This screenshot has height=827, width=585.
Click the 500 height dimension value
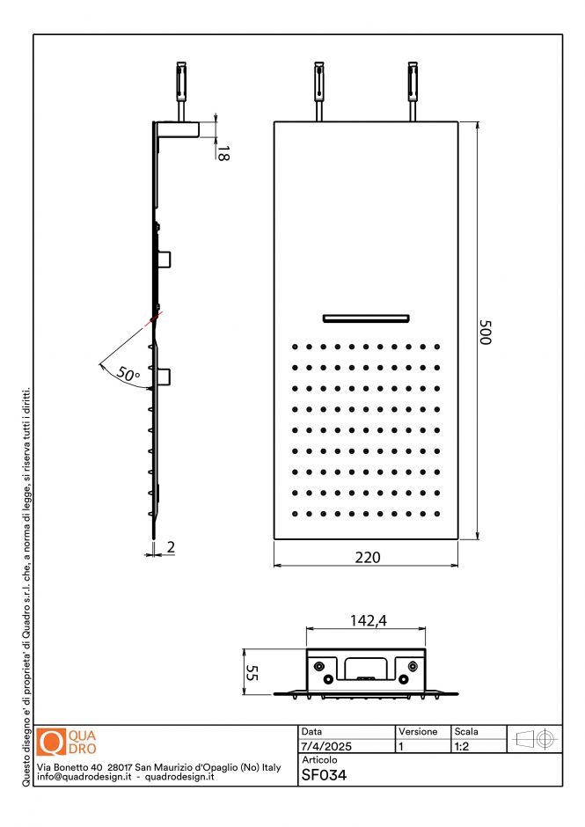coord(484,331)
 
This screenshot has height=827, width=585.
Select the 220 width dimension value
coord(367,557)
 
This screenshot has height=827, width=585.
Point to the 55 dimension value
coord(251,673)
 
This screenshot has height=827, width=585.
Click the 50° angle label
coord(128,375)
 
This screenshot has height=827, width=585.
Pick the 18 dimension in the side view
coord(223,151)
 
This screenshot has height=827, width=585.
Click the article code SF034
coord(324,776)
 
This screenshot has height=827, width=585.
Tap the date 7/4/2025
coord(326,746)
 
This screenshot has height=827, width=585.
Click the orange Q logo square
coord(53,743)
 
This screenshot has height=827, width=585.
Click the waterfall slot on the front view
coord(367,317)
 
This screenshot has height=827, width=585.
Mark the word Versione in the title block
coord(417,732)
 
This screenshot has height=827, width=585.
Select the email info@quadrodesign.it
coord(84,778)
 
